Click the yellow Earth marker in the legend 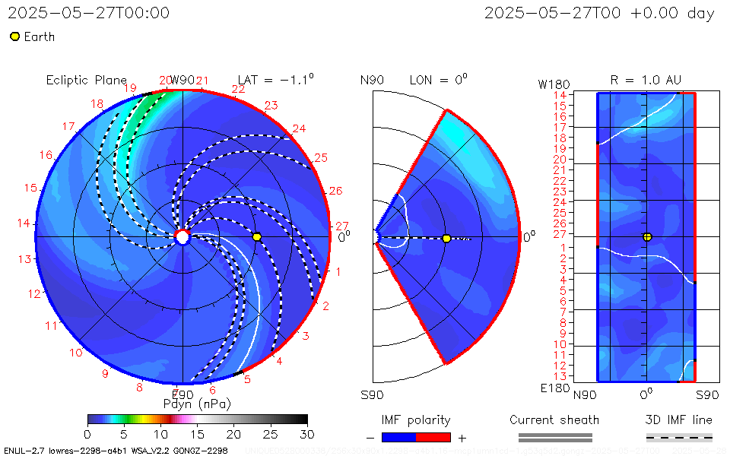pos(14,36)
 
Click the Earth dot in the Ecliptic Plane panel pos(257,237)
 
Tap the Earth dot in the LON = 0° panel pos(446,239)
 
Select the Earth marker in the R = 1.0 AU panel pos(647,236)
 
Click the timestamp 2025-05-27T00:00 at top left pos(89,13)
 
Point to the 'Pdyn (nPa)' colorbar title pos(197,404)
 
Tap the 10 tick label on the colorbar pos(160,434)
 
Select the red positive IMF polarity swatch pos(433,437)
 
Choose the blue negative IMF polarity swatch pos(398,437)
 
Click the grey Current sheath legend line pos(555,437)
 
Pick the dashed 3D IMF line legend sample pos(679,437)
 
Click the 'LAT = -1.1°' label pos(275,80)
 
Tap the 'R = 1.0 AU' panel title pos(646,80)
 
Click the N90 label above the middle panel pos(372,80)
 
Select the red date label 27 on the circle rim pos(342,226)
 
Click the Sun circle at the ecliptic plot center pos(182,237)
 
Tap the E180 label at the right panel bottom pos(554,388)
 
